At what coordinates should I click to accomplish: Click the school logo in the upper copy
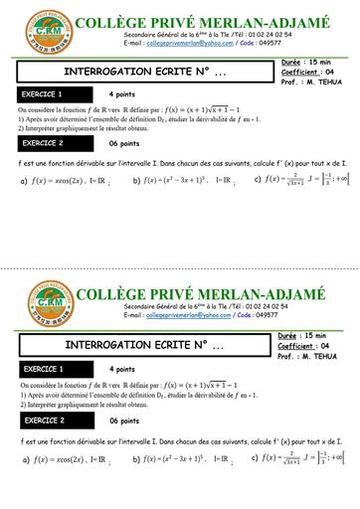click(39, 29)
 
